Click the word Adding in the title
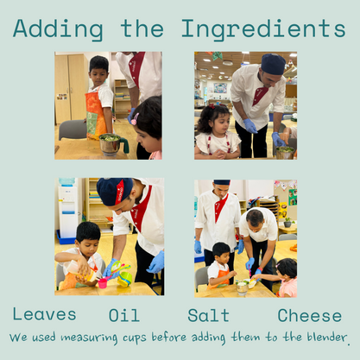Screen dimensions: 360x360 pyautogui.click(x=58, y=29)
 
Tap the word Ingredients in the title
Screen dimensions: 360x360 pyautogui.click(x=263, y=29)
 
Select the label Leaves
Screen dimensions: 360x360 pyautogui.click(x=44, y=314)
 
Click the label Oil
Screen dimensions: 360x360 pyautogui.click(x=124, y=315)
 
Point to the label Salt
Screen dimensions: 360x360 pyautogui.click(x=208, y=315)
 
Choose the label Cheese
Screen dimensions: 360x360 pyautogui.click(x=310, y=315)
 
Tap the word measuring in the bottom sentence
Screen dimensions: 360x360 pyautogui.click(x=89, y=338)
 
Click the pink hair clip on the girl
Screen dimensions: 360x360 pyautogui.click(x=135, y=118)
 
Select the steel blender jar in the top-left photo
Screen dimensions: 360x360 pyautogui.click(x=110, y=144)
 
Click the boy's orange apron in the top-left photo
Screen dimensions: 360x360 pyautogui.click(x=96, y=115)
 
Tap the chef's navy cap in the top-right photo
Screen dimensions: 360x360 pyautogui.click(x=273, y=64)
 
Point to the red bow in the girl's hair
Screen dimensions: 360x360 pyautogui.click(x=212, y=106)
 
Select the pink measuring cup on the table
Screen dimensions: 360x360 pyautogui.click(x=103, y=283)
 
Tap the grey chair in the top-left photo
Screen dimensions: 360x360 pyautogui.click(x=73, y=129)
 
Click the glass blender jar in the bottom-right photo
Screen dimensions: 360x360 pyautogui.click(x=242, y=287)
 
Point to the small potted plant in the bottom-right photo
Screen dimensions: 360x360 pyautogui.click(x=287, y=222)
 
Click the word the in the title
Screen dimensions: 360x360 pyautogui.click(x=142, y=28)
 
